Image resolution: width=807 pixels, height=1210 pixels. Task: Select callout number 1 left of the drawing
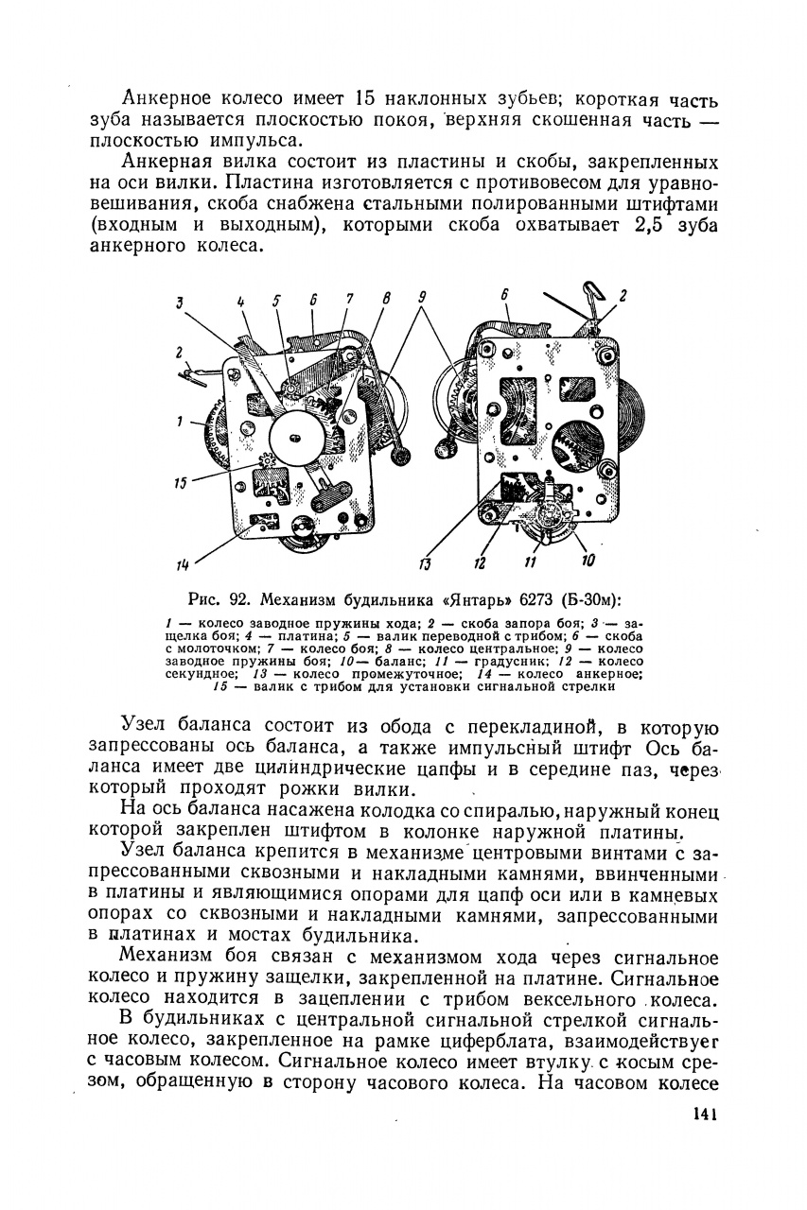click(179, 423)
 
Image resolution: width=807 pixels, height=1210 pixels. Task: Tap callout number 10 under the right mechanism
click(588, 562)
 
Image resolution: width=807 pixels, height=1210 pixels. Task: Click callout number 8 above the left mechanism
click(386, 299)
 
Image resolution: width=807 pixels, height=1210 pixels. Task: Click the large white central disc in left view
click(295, 437)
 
